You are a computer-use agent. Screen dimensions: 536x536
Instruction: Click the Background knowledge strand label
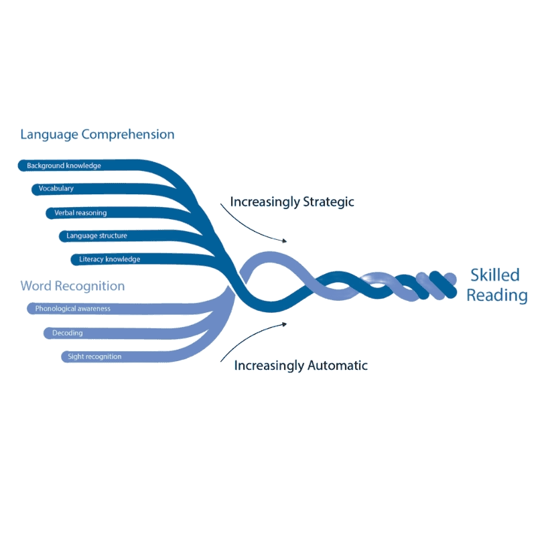64,165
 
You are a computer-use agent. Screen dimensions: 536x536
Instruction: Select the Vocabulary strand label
56,189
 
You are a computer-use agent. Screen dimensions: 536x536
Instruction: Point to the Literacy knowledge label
109,259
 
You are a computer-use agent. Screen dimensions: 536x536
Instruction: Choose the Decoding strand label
67,333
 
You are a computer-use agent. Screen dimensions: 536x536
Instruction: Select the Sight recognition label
94,356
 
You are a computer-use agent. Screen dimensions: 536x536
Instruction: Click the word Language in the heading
49,135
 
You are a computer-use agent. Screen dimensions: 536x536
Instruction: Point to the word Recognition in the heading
90,286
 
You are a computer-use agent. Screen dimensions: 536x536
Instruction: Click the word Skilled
495,275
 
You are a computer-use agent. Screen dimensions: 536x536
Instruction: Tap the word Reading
497,295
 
